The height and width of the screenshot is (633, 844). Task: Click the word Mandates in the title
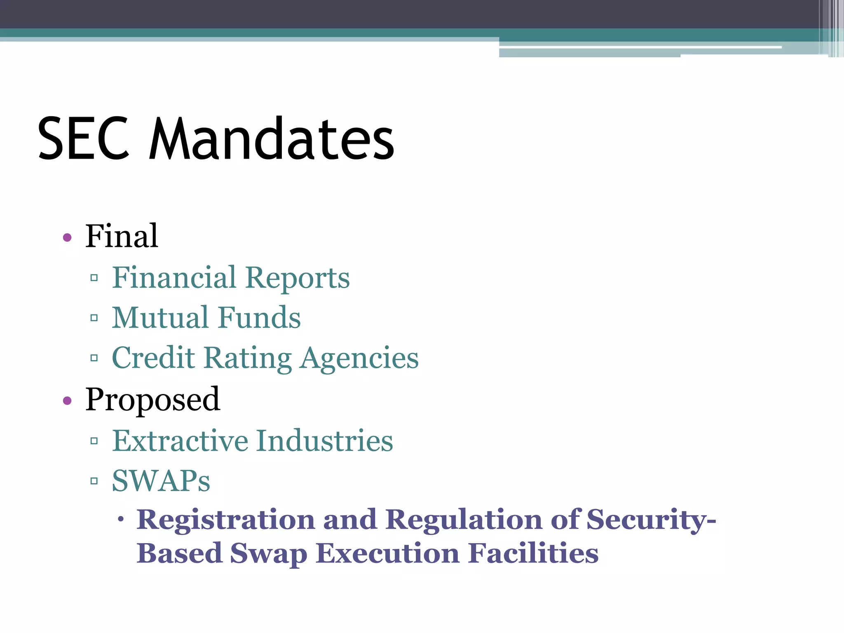pos(272,138)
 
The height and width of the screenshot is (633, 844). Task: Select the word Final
pos(122,236)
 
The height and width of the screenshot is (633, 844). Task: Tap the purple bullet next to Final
pos(68,237)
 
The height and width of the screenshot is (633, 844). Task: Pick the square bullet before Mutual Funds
pos(94,318)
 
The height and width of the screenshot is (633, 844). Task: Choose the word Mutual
pos(160,318)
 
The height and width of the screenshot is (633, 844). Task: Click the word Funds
pos(259,318)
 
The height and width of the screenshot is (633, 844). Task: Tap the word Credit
pos(153,358)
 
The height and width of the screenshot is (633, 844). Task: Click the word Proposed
pos(152,400)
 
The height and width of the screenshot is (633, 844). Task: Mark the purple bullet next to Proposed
pos(68,401)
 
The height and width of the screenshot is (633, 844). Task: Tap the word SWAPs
pos(161,481)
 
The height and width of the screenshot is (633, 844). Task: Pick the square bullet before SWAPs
pos(94,481)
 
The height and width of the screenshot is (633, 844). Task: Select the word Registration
pos(226,520)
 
